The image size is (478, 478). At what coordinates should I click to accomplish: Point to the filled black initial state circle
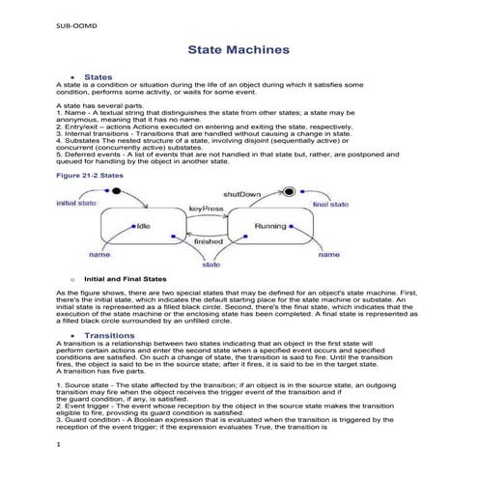(x=116, y=192)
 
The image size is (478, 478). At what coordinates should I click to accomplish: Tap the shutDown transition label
(x=241, y=194)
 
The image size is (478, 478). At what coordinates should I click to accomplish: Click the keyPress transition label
(x=208, y=209)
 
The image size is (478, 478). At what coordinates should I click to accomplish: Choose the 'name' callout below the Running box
(x=329, y=255)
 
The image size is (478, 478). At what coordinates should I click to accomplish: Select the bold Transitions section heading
(x=110, y=335)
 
